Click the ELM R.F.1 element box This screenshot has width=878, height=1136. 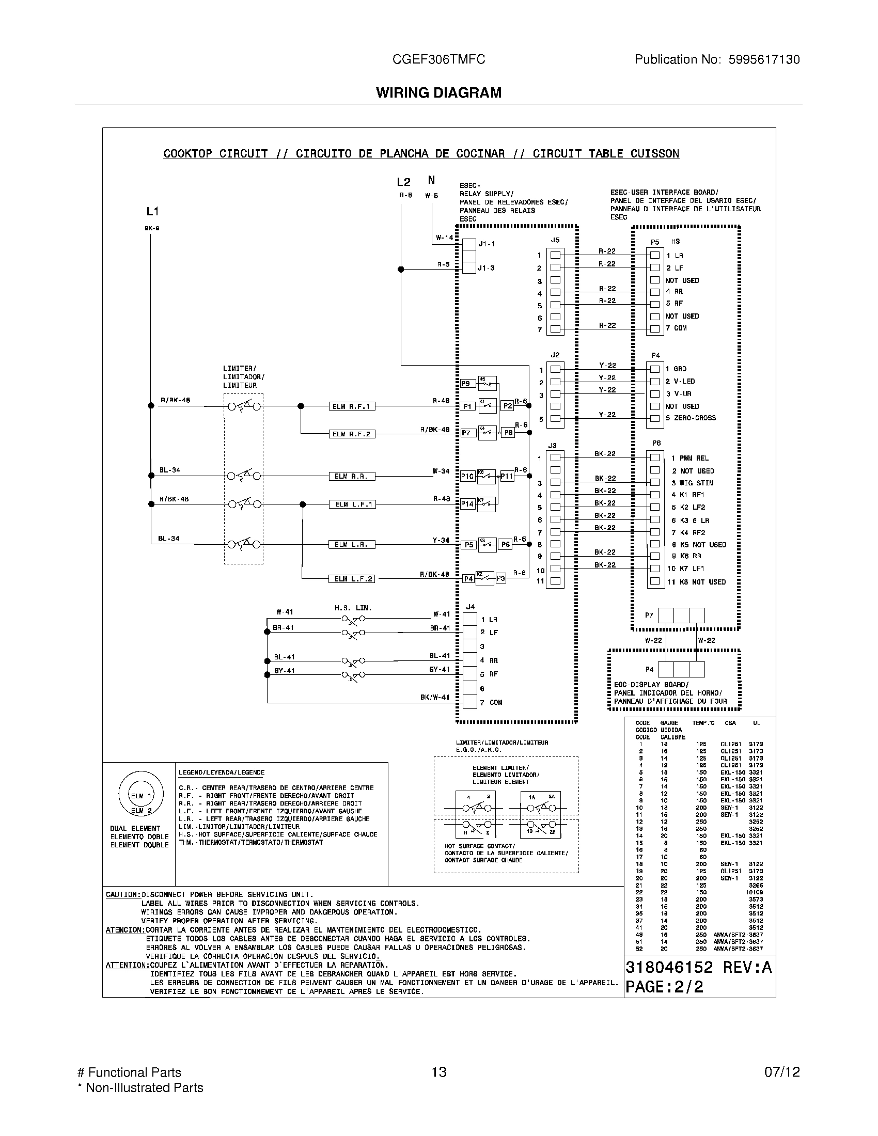click(352, 406)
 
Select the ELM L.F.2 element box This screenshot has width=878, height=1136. click(352, 579)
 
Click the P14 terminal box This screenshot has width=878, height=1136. click(467, 504)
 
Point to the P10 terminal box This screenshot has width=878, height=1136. click(467, 476)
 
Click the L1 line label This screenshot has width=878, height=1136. click(152, 211)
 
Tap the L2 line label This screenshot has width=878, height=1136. click(404, 182)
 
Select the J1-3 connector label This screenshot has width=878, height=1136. click(486, 269)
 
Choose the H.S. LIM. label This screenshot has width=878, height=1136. click(353, 608)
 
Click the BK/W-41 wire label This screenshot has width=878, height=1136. click(435, 697)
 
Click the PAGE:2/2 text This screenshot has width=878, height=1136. click(664, 987)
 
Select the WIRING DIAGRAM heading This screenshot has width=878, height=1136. click(438, 92)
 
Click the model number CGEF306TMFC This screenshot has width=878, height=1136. click(438, 59)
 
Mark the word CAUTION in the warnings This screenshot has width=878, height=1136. click(123, 895)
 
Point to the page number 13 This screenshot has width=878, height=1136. click(438, 1072)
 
